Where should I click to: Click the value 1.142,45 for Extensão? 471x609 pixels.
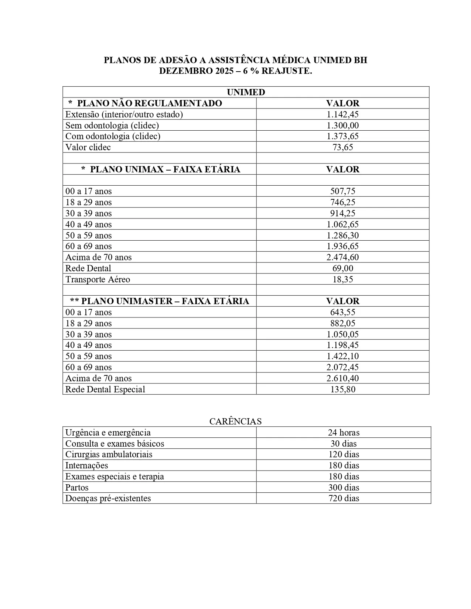point(342,114)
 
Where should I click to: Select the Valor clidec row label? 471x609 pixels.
point(88,147)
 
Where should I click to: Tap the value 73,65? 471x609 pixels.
point(342,147)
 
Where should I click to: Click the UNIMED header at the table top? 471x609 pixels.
point(246,92)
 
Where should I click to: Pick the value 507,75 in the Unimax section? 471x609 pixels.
point(342,191)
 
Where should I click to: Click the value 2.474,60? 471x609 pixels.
point(342,257)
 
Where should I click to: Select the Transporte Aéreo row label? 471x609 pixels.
point(98,279)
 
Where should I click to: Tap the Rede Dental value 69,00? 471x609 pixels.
point(342,268)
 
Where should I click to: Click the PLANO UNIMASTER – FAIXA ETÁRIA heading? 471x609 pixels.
point(160,301)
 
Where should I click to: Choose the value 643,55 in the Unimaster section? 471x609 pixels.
point(342,312)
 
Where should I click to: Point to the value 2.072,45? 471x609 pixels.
point(342,367)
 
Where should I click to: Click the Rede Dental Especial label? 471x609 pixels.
point(105,389)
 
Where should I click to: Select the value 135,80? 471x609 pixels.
point(342,389)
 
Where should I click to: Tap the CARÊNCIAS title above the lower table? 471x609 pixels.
point(235,422)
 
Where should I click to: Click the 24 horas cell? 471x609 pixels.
point(344,433)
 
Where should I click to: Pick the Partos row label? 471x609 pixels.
point(77,488)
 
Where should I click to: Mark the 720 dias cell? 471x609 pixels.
point(344,498)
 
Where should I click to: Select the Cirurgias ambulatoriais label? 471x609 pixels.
point(109,454)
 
